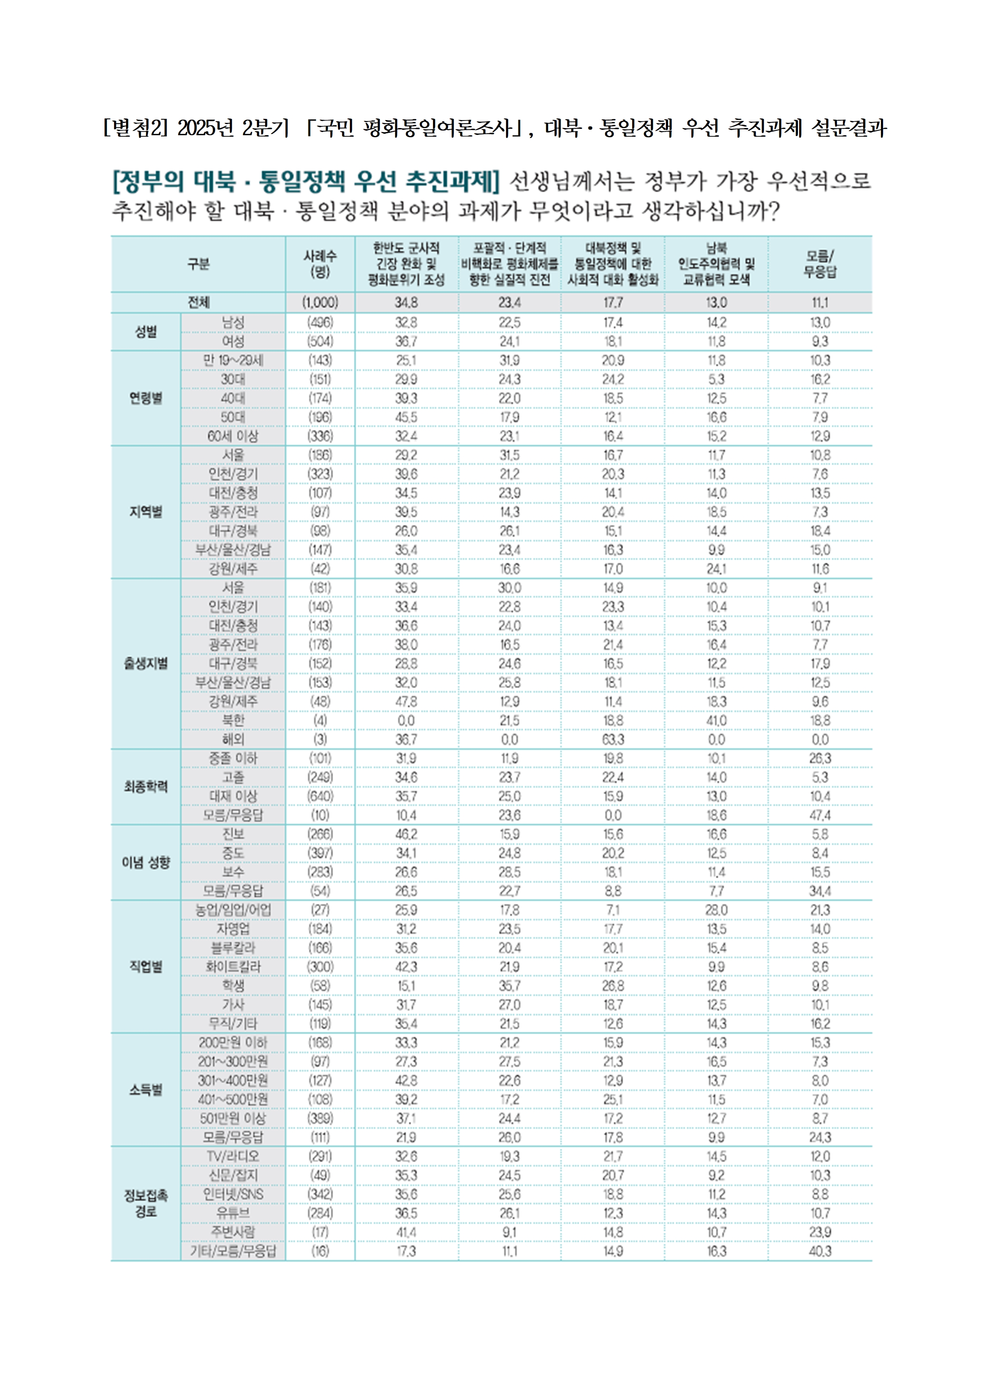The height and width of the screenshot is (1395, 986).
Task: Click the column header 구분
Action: click(x=198, y=264)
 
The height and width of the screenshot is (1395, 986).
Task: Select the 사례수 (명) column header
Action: click(x=320, y=264)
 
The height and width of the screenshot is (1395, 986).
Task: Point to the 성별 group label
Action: click(x=146, y=332)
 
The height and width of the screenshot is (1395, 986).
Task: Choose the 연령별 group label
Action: click(x=146, y=398)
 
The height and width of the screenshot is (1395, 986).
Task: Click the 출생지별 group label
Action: click(x=146, y=663)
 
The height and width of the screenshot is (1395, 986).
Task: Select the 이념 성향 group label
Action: click(x=146, y=862)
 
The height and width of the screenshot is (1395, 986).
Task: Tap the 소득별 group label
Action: click(x=146, y=1089)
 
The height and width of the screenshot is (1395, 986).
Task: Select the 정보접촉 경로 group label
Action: click(x=146, y=1204)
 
